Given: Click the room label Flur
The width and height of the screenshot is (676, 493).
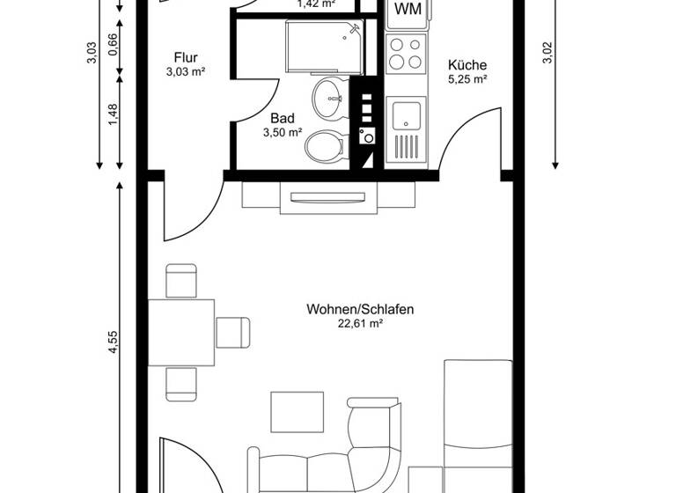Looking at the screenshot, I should [x=185, y=58].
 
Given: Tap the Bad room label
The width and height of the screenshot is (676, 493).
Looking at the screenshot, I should [x=282, y=118].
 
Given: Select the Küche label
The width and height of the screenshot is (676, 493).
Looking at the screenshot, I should [x=467, y=64].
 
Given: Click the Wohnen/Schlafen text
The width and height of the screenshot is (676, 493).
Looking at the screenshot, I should [x=360, y=309].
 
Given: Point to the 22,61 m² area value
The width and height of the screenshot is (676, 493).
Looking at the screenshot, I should [x=360, y=324].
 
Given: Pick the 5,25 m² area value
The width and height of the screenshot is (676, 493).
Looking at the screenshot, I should [x=467, y=78].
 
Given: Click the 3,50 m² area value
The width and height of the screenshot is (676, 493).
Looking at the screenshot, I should [x=282, y=133].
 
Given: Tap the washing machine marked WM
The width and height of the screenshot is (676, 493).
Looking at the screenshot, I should [x=407, y=10].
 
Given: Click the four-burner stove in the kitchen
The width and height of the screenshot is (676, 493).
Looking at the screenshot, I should [x=407, y=52].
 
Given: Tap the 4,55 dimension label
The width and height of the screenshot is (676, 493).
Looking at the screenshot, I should [x=114, y=344].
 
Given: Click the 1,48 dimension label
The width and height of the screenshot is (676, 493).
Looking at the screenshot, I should [x=114, y=115].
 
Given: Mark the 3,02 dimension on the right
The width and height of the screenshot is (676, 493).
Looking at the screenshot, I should [x=547, y=54].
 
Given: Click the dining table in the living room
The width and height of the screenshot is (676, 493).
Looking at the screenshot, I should [x=181, y=332].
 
